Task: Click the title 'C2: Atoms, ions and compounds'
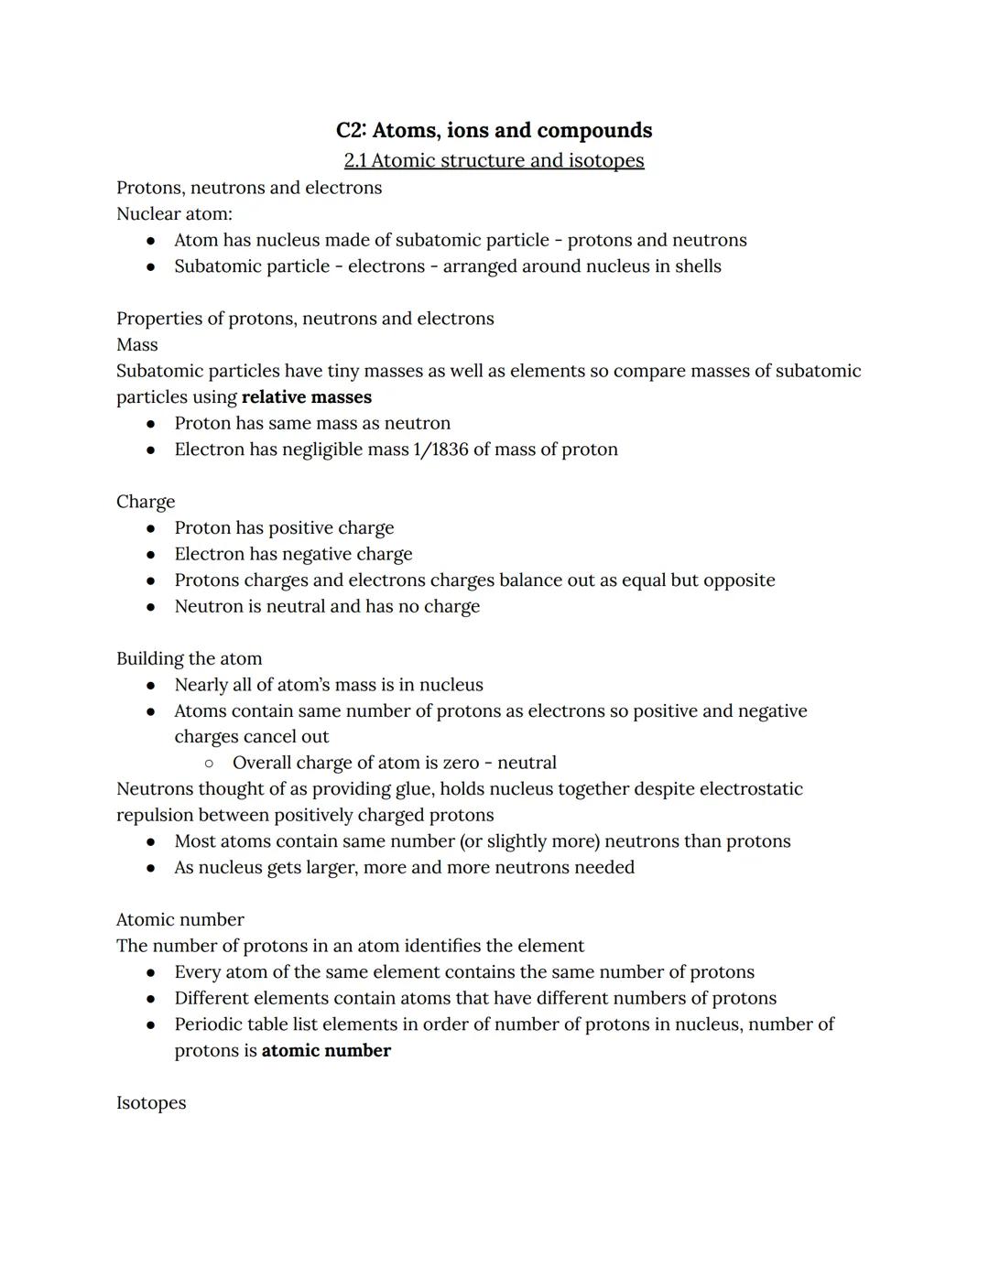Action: point(494,131)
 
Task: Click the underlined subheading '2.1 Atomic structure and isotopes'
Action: point(494,160)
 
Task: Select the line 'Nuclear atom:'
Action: point(174,214)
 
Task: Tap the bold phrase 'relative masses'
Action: point(307,397)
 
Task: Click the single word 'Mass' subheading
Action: point(137,345)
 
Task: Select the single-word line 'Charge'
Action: point(146,502)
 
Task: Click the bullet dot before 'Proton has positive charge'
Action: point(151,528)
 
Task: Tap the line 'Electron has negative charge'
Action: point(293,554)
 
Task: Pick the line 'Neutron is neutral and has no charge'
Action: point(327,606)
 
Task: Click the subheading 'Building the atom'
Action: point(189,659)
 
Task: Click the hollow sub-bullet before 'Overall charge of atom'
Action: point(209,763)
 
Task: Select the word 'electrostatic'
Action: point(751,789)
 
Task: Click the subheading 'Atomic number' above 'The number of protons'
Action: point(180,920)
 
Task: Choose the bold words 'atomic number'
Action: point(326,1051)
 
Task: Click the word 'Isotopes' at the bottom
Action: point(151,1103)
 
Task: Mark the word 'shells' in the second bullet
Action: point(698,266)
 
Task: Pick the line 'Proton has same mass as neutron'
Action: point(312,423)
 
